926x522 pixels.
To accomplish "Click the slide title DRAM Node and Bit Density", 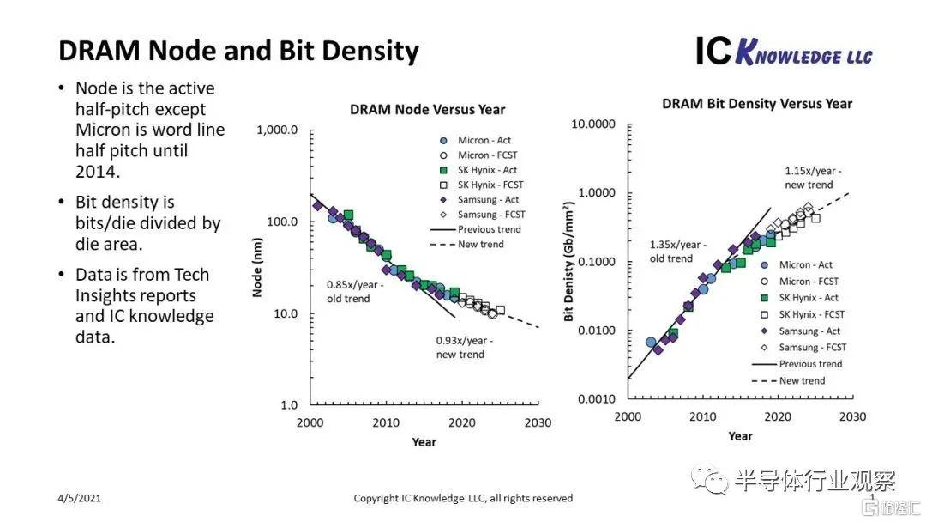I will [238, 51].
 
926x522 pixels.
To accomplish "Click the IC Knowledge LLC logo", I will [784, 52].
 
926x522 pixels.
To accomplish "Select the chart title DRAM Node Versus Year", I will [427, 110].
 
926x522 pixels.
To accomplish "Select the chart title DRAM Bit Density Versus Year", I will [757, 104].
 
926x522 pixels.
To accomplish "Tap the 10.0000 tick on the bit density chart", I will [594, 124].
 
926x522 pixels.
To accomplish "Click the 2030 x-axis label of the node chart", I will [538, 422].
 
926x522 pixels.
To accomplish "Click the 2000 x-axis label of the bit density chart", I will [628, 416].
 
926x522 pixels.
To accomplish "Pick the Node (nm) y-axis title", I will [256, 267].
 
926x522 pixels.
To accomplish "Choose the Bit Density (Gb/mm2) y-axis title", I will [568, 262].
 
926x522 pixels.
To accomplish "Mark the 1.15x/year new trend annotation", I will [813, 178].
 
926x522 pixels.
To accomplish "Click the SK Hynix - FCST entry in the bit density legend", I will [811, 314].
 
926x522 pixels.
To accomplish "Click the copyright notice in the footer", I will [463, 498].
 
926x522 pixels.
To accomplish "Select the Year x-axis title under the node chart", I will [424, 442].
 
